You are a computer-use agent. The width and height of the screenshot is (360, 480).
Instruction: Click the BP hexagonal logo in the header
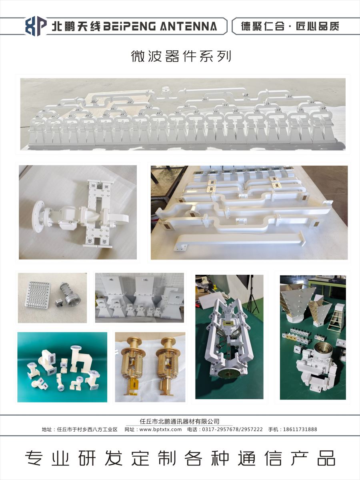click(x=36, y=26)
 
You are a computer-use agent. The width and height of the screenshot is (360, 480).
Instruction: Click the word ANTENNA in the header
click(x=188, y=26)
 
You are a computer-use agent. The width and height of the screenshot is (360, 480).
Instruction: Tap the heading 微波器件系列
click(x=181, y=56)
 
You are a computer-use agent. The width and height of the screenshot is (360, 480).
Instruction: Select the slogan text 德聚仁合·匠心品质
click(x=290, y=26)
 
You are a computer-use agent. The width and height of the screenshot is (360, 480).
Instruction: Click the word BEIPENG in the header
click(x=129, y=26)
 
